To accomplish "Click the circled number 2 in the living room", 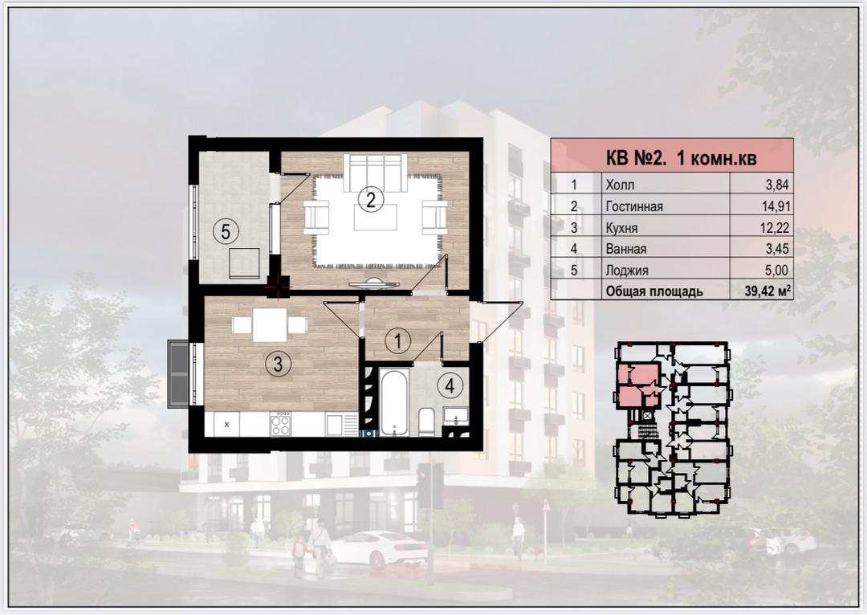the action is tap(370, 199).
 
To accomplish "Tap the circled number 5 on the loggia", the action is tap(226, 231).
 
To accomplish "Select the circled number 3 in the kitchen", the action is tap(278, 364).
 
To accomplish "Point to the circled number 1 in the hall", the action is tap(397, 340).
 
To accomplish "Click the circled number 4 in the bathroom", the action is tap(450, 385).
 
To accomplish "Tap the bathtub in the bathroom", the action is tap(393, 402).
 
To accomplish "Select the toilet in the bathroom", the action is tap(425, 422).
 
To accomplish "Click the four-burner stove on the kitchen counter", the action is tap(280, 424).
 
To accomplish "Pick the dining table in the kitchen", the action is tap(270, 324).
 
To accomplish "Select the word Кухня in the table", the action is tap(621, 228).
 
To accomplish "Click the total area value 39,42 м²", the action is tap(767, 291).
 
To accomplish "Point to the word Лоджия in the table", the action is tap(627, 271).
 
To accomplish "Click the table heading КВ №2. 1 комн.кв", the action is tap(682, 159).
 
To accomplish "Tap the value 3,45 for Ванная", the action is tap(777, 249).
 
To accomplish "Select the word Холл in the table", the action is tap(620, 185).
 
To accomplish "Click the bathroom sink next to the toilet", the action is tap(456, 415).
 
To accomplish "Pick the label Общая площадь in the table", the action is tap(654, 291).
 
